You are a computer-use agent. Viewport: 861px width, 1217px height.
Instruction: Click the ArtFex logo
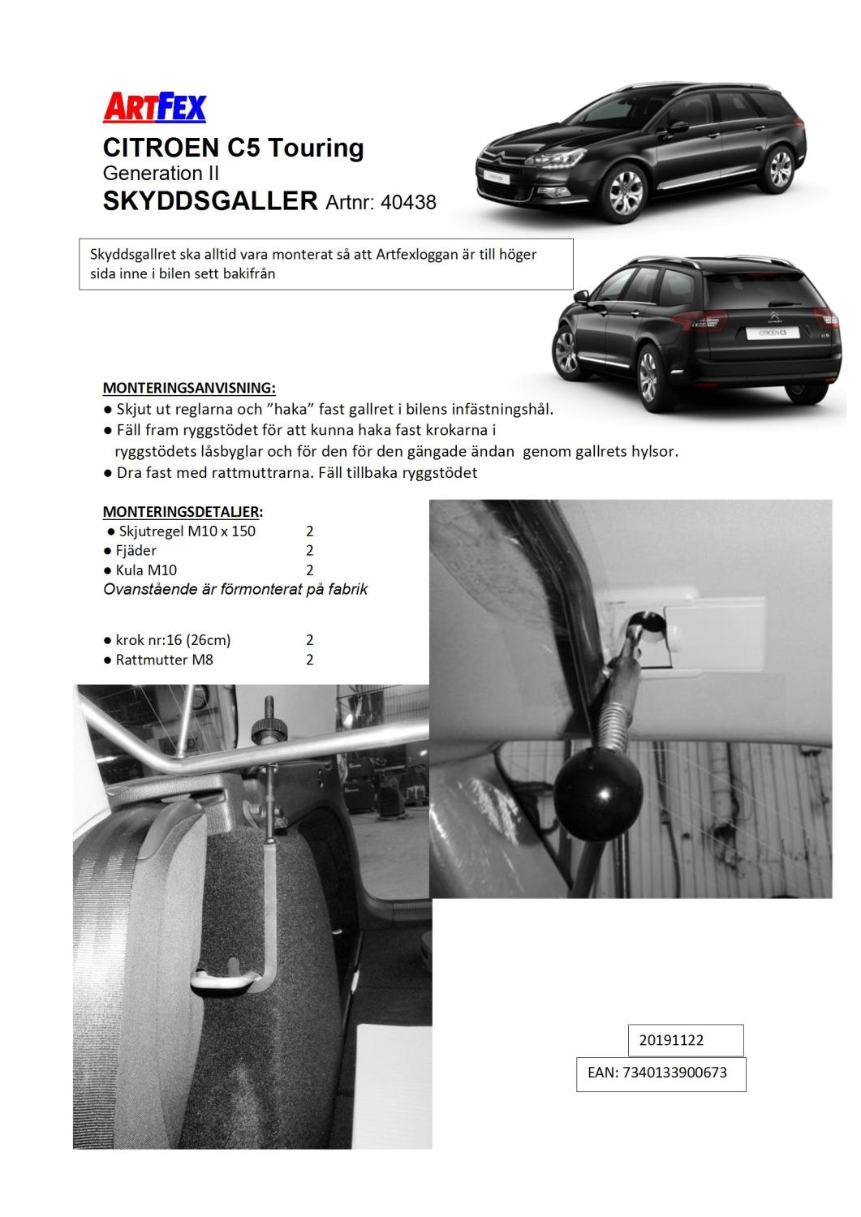point(154,108)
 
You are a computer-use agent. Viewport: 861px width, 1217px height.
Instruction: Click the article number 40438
point(408,202)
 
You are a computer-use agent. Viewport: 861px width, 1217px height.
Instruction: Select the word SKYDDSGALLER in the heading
point(210,200)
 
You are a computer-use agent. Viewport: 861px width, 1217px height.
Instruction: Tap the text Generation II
point(161,173)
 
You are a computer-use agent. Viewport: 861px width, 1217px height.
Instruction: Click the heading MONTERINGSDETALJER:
point(183,511)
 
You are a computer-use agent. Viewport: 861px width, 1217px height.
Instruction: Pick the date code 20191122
point(671,1040)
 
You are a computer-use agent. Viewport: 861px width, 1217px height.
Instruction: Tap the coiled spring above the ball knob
point(615,716)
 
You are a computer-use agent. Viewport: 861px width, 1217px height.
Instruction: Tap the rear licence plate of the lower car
point(772,333)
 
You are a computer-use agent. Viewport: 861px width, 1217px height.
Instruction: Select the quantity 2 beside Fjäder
point(310,551)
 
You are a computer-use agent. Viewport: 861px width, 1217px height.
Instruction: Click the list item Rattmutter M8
point(164,660)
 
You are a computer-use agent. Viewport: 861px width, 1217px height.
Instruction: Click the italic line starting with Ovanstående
point(235,589)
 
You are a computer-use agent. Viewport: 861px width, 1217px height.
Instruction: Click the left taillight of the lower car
point(704,322)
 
